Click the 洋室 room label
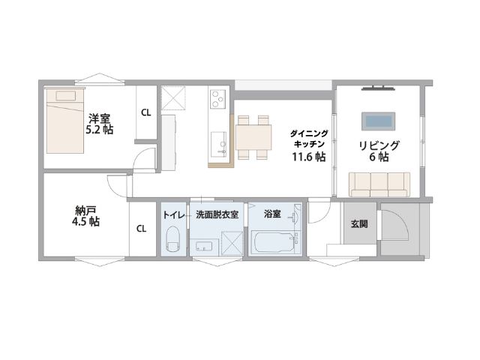pos(99,118)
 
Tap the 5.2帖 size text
pos(99,130)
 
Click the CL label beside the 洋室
pos(145,112)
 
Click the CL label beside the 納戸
pos(141,229)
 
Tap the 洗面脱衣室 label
pos(217,214)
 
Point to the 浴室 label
pos(273,214)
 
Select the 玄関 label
pos(358,224)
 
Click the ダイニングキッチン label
pos(309,138)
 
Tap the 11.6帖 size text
pos(309,157)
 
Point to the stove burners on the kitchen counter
pos(218,98)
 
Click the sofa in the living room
pos(379,184)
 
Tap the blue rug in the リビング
pos(378,121)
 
